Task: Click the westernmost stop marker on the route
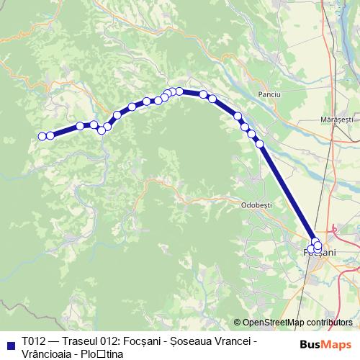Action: point(42,136)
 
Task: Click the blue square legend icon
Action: point(10,343)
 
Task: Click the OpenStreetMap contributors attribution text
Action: point(297,322)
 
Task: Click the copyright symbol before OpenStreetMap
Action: point(238,322)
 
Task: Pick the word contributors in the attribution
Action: point(330,322)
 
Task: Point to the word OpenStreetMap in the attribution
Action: point(274,322)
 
